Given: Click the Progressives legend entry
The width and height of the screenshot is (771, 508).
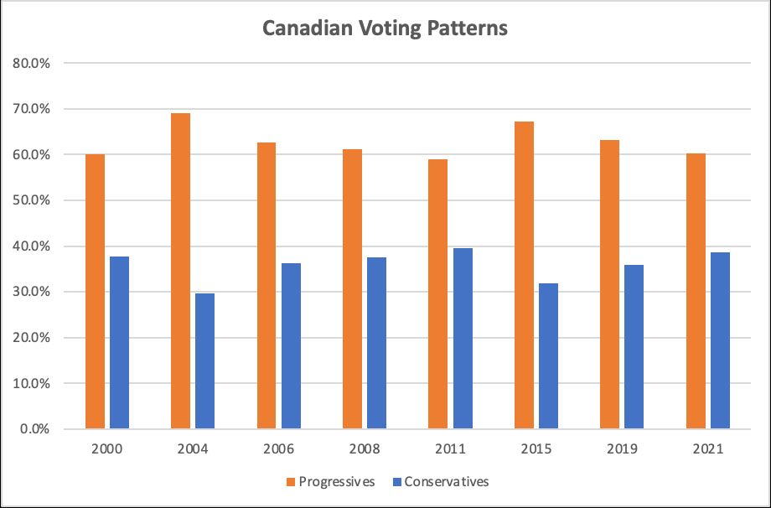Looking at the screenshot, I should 329,481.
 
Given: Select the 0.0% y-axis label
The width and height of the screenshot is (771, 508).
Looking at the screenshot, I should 35,429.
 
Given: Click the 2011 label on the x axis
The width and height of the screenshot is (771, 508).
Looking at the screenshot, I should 450,448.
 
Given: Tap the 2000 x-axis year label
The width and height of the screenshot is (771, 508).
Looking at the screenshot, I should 107,448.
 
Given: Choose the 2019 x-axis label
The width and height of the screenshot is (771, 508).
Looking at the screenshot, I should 622,448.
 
